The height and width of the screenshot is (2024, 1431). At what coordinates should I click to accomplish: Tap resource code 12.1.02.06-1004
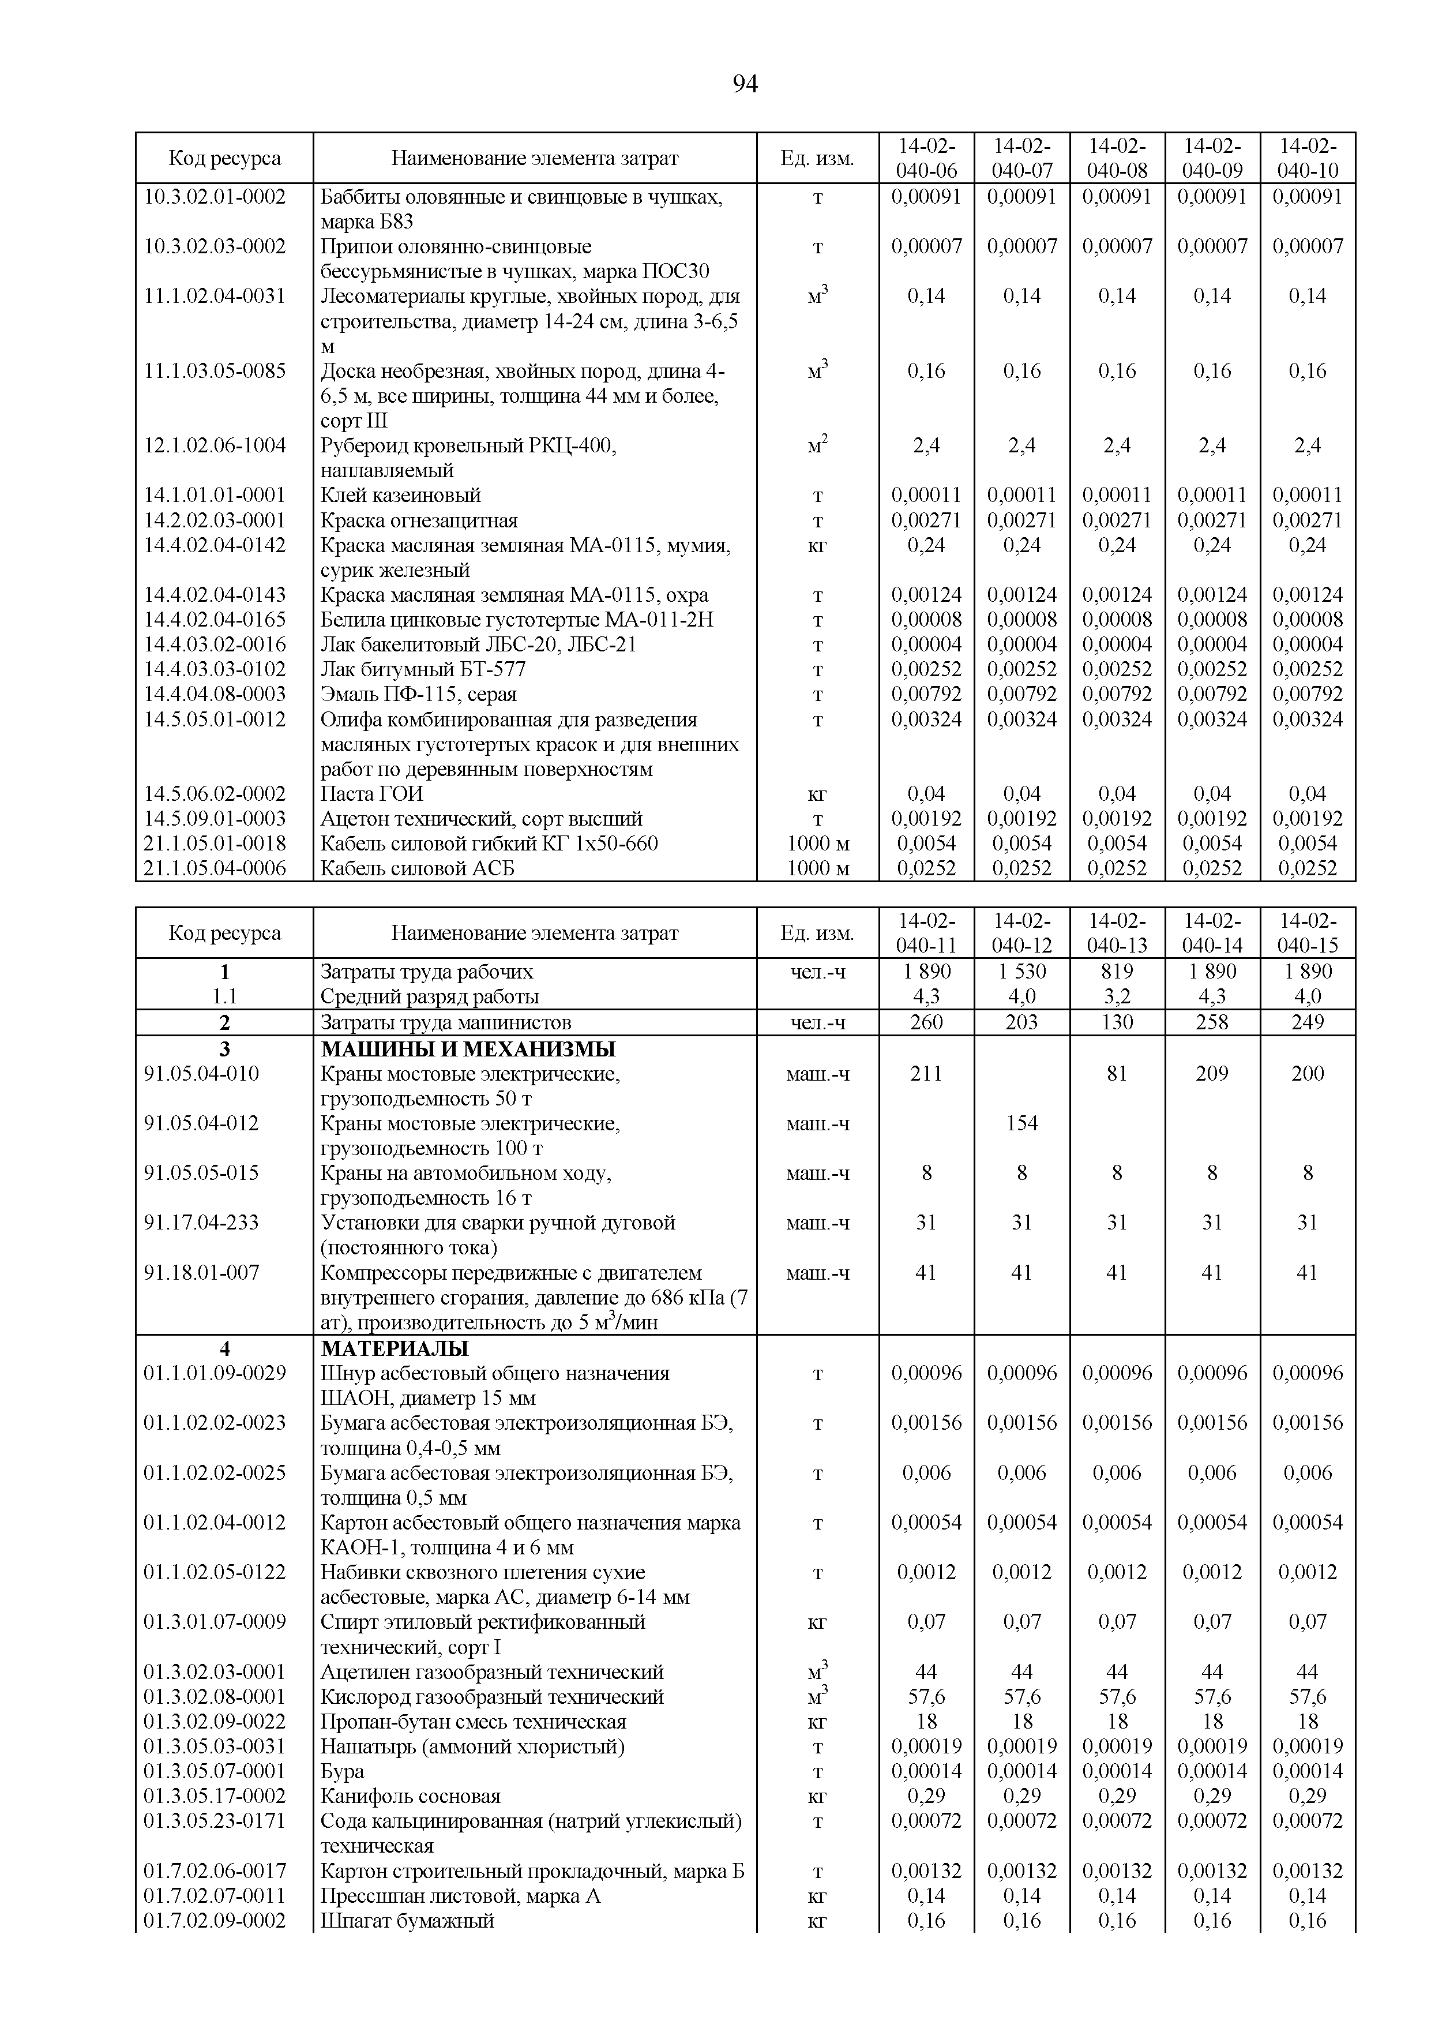point(215,446)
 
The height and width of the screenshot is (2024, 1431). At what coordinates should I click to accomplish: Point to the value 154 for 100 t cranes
point(1021,1123)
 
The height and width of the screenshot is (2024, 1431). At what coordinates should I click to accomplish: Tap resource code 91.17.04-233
point(202,1223)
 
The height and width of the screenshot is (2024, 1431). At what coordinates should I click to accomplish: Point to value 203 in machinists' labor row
point(1021,1022)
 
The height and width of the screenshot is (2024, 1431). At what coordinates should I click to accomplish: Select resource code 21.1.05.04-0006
point(215,868)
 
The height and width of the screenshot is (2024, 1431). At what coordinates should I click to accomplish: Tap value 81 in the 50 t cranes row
point(1117,1074)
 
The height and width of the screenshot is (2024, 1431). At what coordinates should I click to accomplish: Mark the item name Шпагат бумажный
point(407,1921)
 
